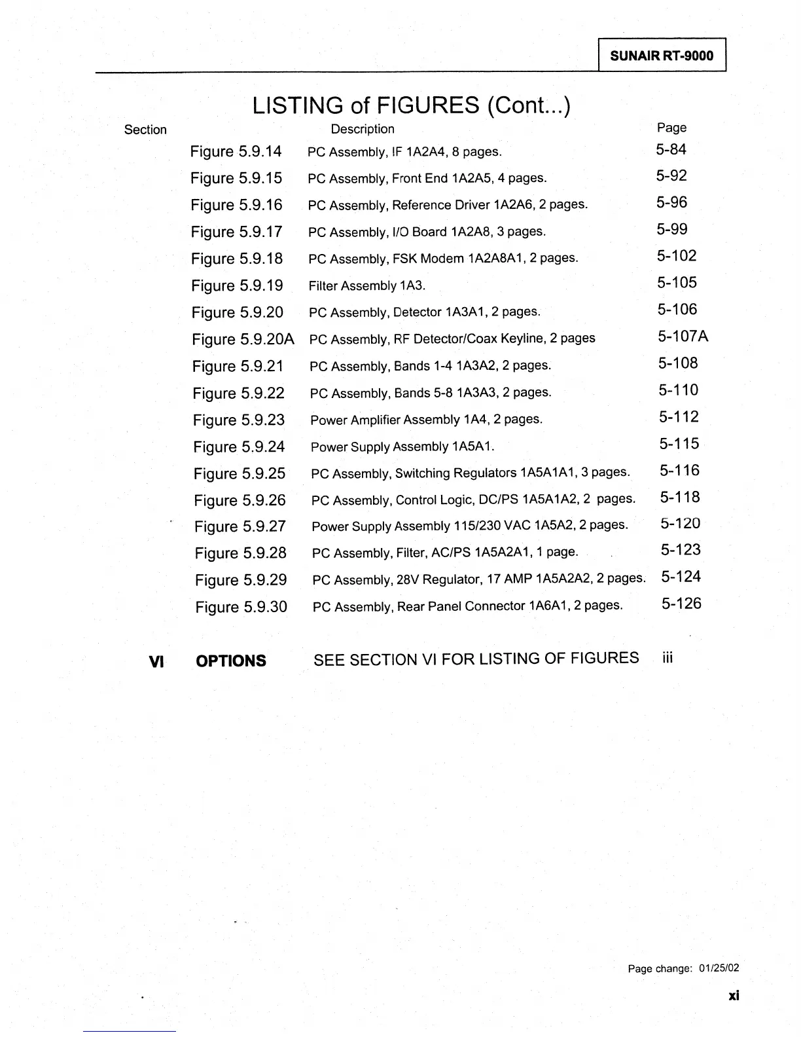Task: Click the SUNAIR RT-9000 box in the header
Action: pyautogui.click(x=662, y=56)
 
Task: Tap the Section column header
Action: pyautogui.click(x=145, y=130)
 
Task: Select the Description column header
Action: pyautogui.click(x=363, y=129)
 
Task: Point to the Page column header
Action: pyautogui.click(x=671, y=128)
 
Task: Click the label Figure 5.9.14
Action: pyautogui.click(x=236, y=152)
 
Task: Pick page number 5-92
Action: pyautogui.click(x=671, y=175)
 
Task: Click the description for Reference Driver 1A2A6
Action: pyautogui.click(x=448, y=205)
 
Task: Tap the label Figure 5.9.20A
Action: pyautogui.click(x=243, y=339)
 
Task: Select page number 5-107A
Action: pyautogui.click(x=683, y=337)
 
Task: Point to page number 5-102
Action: pyautogui.click(x=677, y=256)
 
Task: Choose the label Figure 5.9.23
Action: pyautogui.click(x=239, y=420)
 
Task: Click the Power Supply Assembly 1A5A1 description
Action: pyautogui.click(x=402, y=446)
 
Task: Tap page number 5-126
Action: pyautogui.click(x=681, y=604)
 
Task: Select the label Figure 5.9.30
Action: pyautogui.click(x=241, y=607)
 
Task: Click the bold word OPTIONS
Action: pyautogui.click(x=231, y=661)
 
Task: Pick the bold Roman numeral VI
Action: pyautogui.click(x=156, y=662)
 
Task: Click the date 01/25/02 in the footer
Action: pyautogui.click(x=719, y=968)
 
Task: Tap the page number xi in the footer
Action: pyautogui.click(x=733, y=996)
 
